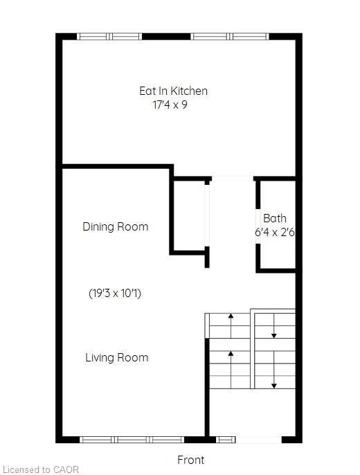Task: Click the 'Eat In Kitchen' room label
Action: coord(173,91)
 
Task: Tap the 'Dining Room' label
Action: coord(115,226)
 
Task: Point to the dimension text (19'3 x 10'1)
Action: coord(116,293)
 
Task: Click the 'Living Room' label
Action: coord(116,357)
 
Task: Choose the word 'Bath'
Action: coord(274,218)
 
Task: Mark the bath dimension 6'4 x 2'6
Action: coord(275,233)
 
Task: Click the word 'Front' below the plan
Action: coord(190,460)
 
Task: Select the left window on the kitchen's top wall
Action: coord(109,37)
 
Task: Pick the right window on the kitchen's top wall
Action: coord(231,37)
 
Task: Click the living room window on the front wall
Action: coord(132,439)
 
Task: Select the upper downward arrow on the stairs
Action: coord(274,328)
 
